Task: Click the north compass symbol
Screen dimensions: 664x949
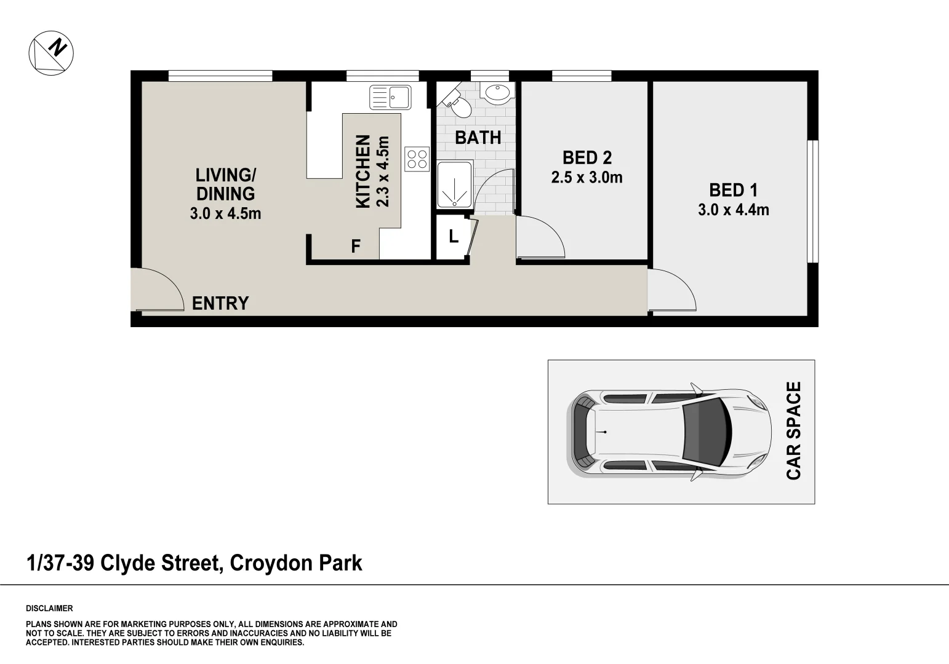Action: [x=51, y=52]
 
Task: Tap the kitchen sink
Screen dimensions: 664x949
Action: [x=390, y=97]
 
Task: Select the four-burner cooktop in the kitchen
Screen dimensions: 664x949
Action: [x=417, y=159]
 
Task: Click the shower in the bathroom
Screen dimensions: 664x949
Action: [x=454, y=185]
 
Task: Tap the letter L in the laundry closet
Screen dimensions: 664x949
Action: [x=454, y=237]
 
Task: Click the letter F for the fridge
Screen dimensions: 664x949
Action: [x=356, y=247]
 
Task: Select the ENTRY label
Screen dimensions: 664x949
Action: [x=220, y=303]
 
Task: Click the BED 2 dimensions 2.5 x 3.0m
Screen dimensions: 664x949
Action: [x=587, y=178]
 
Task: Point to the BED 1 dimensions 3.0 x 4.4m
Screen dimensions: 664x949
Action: [x=733, y=210]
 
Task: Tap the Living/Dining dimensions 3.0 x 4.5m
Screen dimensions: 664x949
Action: [x=225, y=214]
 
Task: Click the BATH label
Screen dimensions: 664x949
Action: [x=478, y=138]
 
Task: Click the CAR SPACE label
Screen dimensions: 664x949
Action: [x=794, y=430]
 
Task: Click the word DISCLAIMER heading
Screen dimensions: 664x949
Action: [x=49, y=609]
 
